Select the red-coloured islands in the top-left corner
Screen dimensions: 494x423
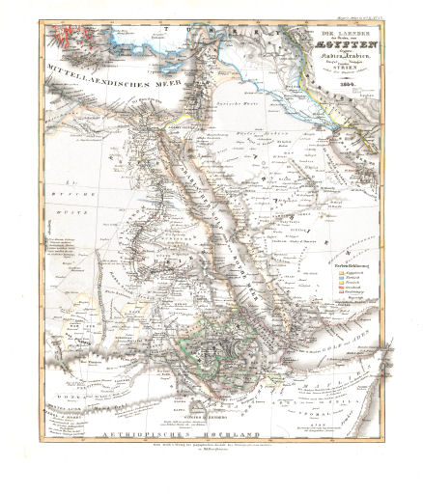click(66, 39)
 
